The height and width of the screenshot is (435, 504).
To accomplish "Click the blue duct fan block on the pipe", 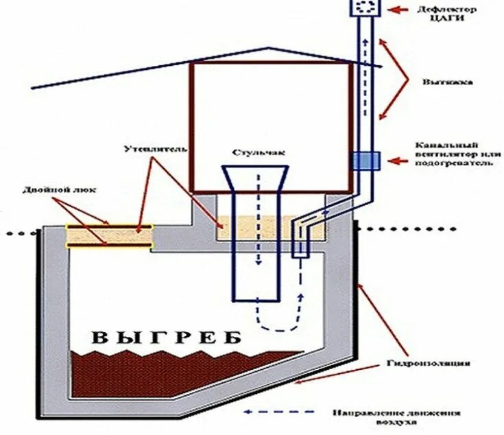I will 364,161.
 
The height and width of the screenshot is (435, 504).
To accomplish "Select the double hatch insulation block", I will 108,235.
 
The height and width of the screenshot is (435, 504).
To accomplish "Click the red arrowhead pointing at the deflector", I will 389,10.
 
